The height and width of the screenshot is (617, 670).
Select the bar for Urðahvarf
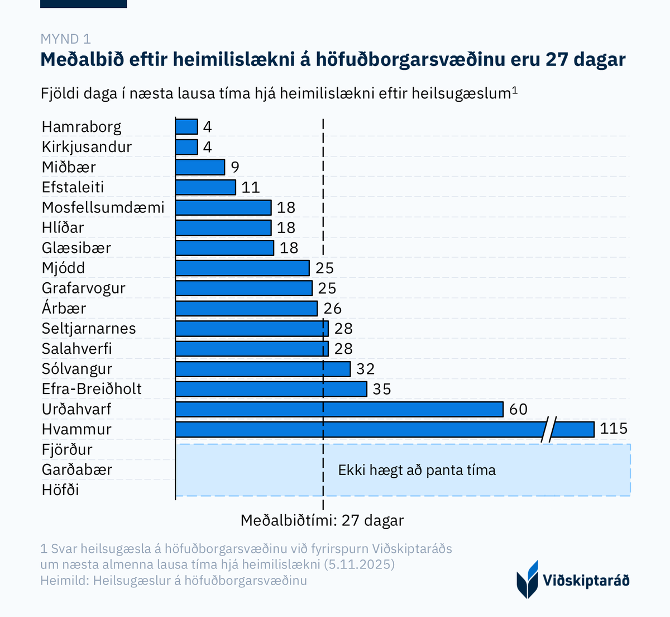click(339, 409)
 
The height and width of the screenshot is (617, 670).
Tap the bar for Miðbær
click(200, 167)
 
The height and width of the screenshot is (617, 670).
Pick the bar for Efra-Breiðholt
click(271, 389)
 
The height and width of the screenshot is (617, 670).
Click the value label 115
click(614, 429)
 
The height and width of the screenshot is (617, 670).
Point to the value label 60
click(518, 409)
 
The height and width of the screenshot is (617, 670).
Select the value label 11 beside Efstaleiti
click(251, 187)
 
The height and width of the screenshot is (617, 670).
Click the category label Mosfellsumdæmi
click(103, 208)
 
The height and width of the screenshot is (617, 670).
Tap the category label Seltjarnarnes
click(89, 329)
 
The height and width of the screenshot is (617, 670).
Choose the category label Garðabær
click(77, 469)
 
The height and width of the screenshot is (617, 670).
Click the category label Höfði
click(60, 490)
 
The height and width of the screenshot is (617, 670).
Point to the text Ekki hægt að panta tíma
click(417, 470)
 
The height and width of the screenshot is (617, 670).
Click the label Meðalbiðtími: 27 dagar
click(322, 520)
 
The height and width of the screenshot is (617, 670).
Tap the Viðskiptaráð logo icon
click(528, 579)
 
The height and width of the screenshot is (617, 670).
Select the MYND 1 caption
click(65, 39)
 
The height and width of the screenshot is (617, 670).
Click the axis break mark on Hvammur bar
click(549, 429)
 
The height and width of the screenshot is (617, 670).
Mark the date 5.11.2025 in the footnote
click(359, 564)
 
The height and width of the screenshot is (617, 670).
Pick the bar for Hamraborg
click(186, 127)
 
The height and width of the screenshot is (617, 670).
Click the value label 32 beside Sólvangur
click(366, 369)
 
